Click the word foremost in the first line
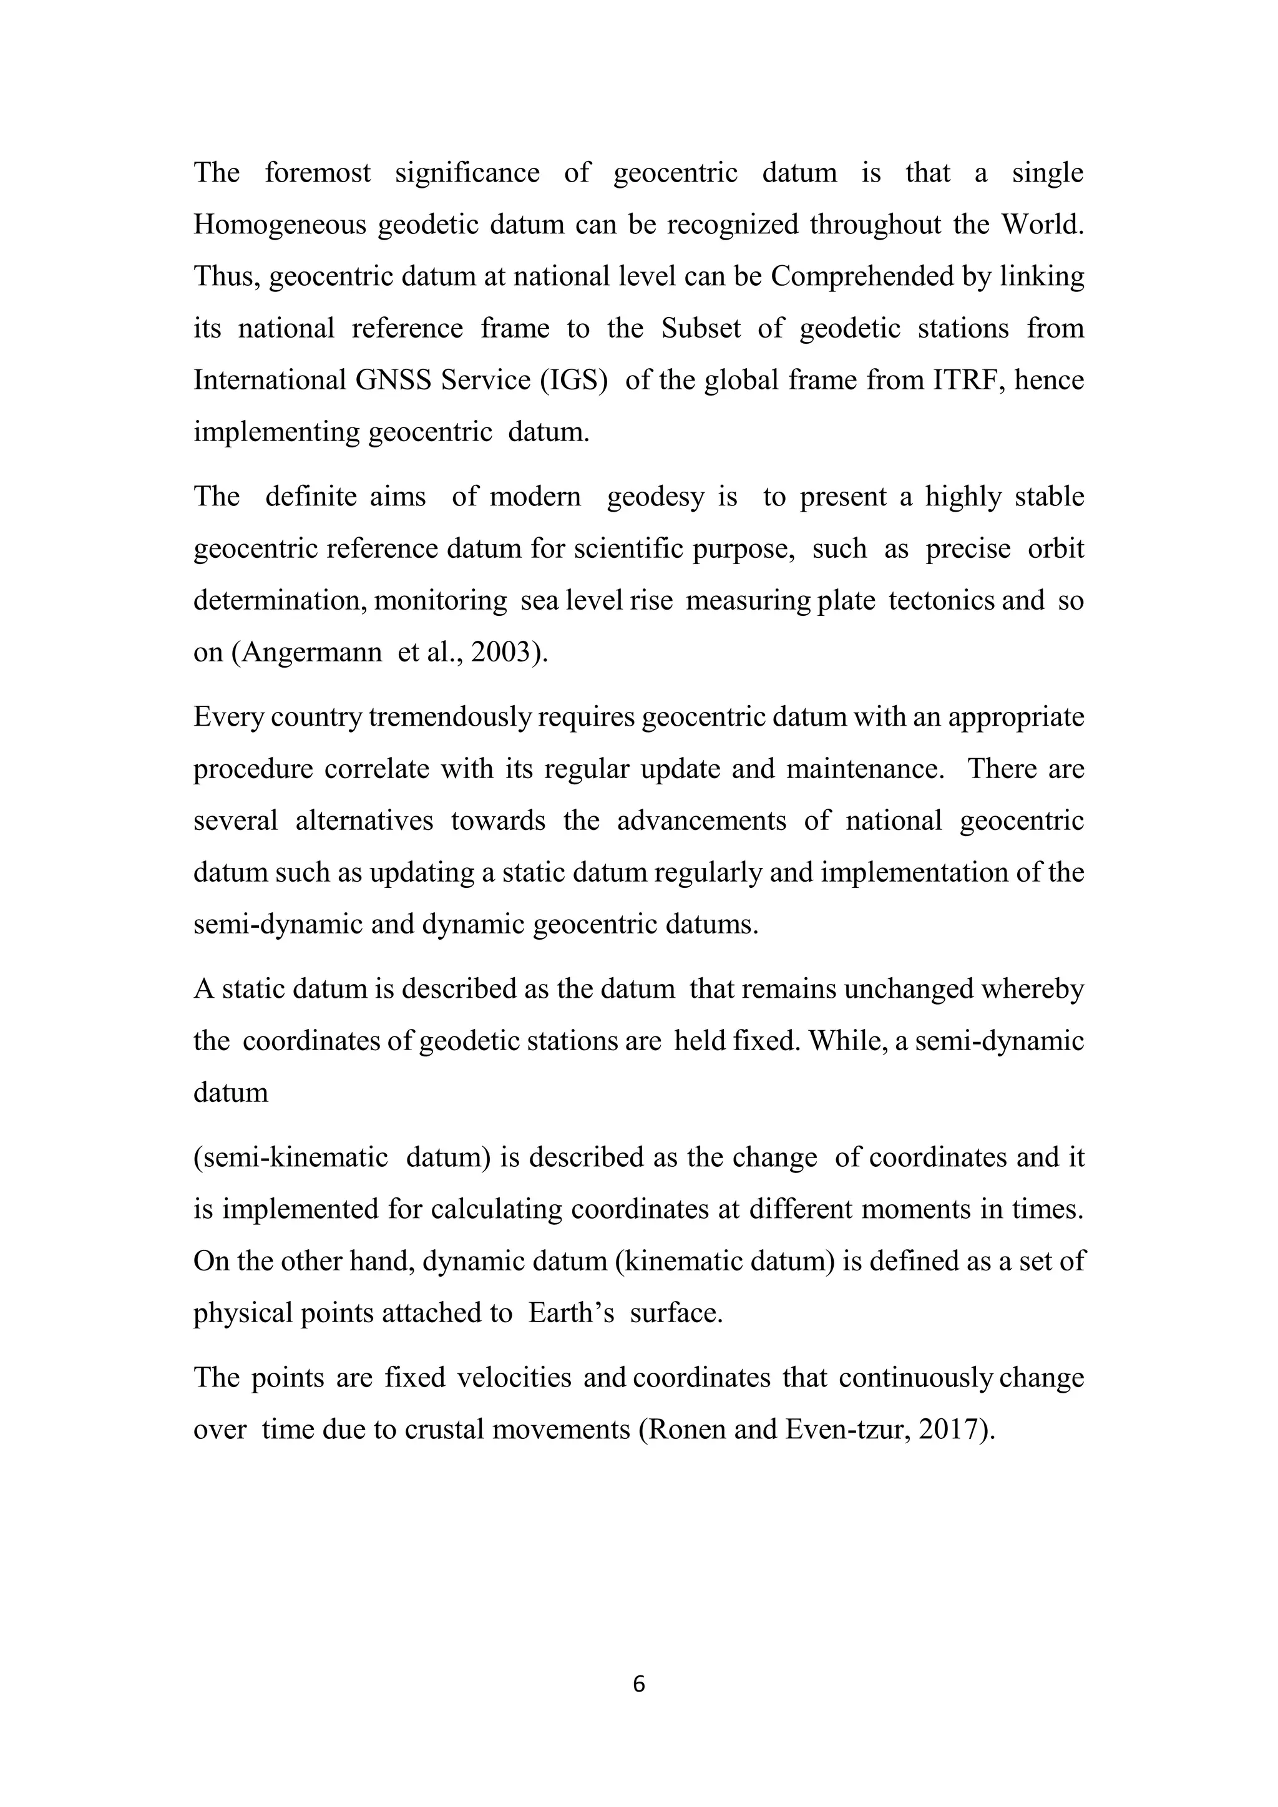pos(317,172)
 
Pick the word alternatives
pos(364,821)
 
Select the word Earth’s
pos(570,1313)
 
